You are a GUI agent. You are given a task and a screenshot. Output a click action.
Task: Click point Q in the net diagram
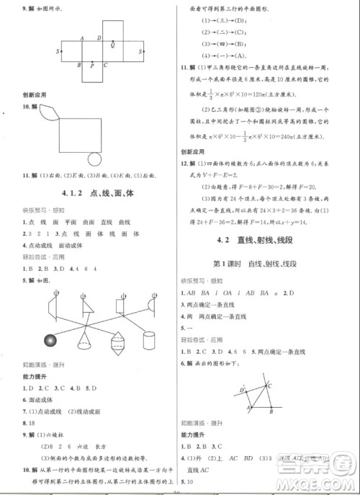tap(112, 45)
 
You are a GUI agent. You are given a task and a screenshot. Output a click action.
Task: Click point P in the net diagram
tap(92, 66)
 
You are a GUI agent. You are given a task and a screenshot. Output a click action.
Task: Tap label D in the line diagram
tap(243, 390)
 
